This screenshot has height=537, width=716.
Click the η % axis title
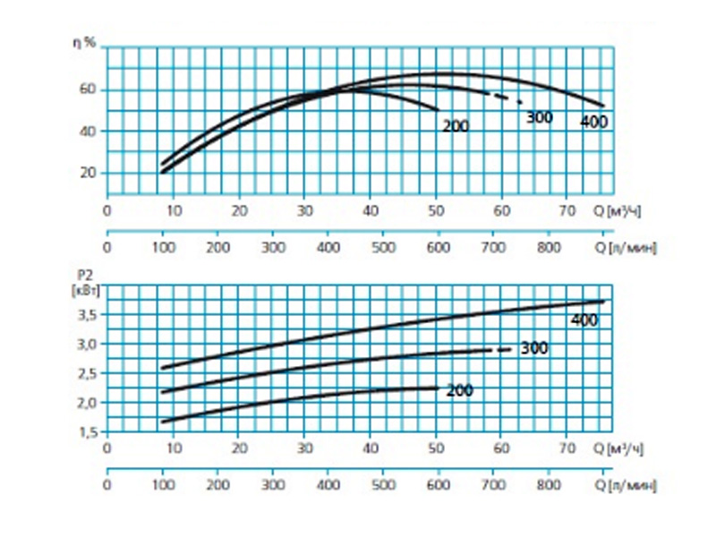[x=83, y=41]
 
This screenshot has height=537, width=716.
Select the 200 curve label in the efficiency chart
[x=455, y=126]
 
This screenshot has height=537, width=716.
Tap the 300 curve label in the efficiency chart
[x=539, y=117]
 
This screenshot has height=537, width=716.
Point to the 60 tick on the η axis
[x=86, y=89]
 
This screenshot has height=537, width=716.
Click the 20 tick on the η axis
[x=86, y=173]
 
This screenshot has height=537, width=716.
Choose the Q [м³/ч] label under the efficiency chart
[x=620, y=211]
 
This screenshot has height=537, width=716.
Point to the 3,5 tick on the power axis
[x=84, y=314]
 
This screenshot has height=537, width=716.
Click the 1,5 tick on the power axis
[x=84, y=432]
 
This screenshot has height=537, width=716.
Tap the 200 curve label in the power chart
[x=458, y=390]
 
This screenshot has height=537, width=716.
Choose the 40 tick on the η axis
[x=86, y=131]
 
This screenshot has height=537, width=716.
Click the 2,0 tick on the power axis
[x=84, y=403]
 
